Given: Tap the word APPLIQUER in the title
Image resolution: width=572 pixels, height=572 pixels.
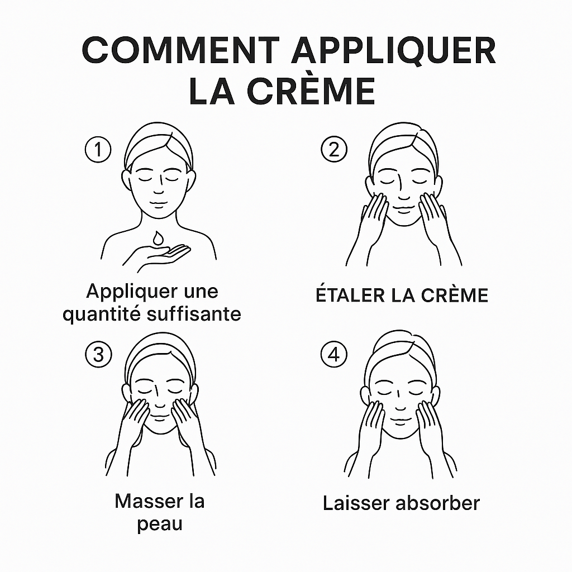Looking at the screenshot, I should pyautogui.click(x=393, y=51).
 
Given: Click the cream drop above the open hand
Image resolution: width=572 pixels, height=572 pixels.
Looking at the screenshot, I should pyautogui.click(x=158, y=238).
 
